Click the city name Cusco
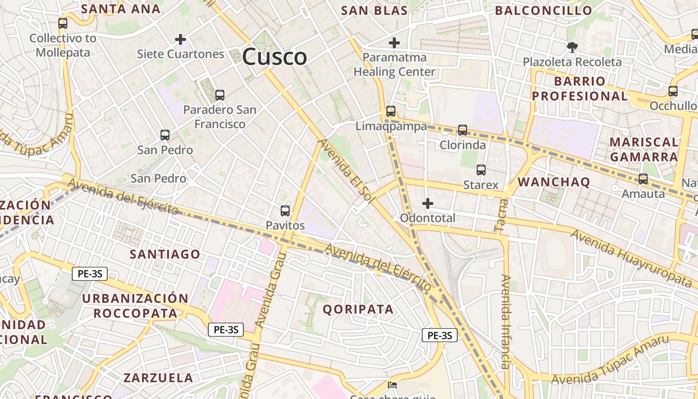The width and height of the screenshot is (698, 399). click(x=274, y=57)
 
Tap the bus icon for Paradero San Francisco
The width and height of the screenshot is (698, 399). click(x=219, y=95)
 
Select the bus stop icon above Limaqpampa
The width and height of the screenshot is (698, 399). click(x=391, y=111)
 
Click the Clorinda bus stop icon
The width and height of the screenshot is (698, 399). click(x=463, y=130)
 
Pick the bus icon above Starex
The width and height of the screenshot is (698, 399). click(x=481, y=170)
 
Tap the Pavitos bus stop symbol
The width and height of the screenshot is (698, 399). click(x=285, y=211)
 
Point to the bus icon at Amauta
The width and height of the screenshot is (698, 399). click(x=643, y=179)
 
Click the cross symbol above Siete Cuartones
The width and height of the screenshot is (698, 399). click(x=180, y=39)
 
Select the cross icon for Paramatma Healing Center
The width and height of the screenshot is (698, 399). click(x=394, y=43)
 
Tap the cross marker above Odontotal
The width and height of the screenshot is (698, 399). click(x=427, y=203)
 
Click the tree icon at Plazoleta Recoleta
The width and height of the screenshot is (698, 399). click(x=572, y=47)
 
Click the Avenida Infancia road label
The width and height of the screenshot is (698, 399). click(x=506, y=322)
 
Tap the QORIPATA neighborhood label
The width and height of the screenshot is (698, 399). click(x=358, y=309)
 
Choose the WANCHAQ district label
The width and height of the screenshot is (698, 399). click(x=553, y=182)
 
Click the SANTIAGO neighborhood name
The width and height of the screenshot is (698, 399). click(x=165, y=254)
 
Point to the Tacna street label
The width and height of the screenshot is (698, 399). click(x=502, y=215)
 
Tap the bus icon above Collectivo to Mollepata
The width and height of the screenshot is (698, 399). click(x=63, y=23)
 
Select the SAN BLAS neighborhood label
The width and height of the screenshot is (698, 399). click(x=374, y=10)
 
